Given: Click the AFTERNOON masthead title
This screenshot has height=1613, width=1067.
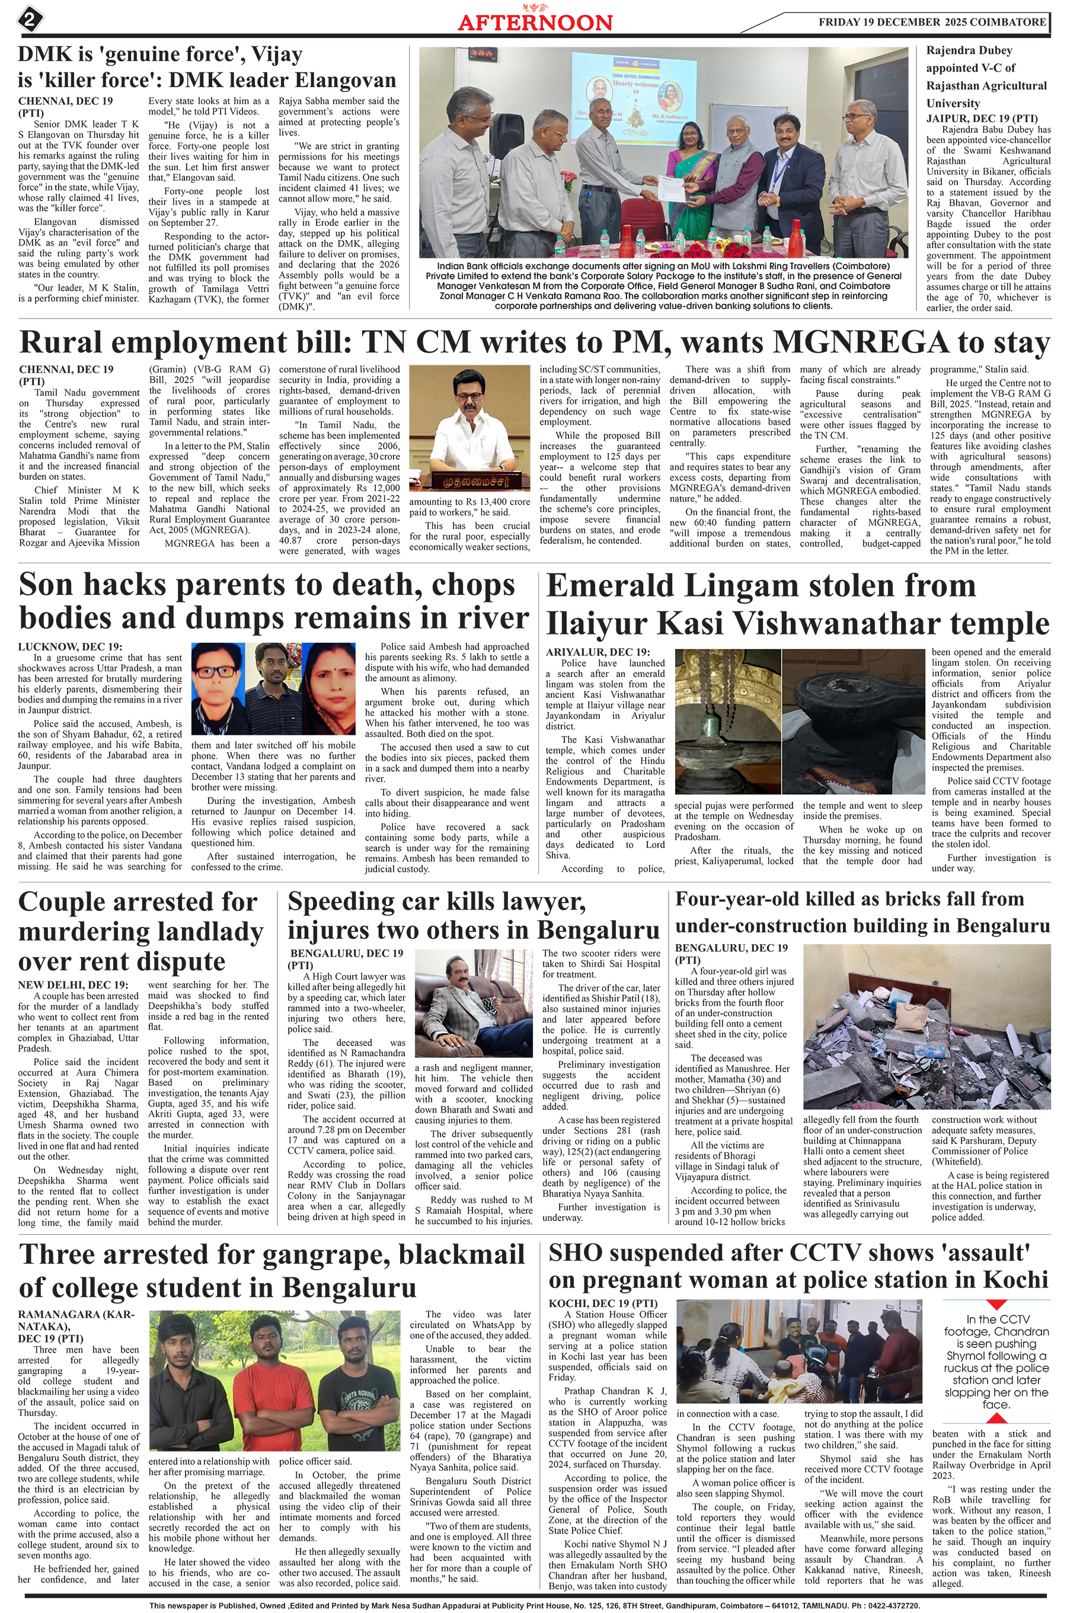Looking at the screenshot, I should (535, 22).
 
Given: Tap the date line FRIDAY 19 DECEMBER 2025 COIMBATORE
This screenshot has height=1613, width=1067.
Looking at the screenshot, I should (932, 22).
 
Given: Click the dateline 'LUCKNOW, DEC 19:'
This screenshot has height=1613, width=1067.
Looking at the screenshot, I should (70, 646).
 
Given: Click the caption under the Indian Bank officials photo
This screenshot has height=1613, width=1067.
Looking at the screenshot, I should (663, 285).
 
